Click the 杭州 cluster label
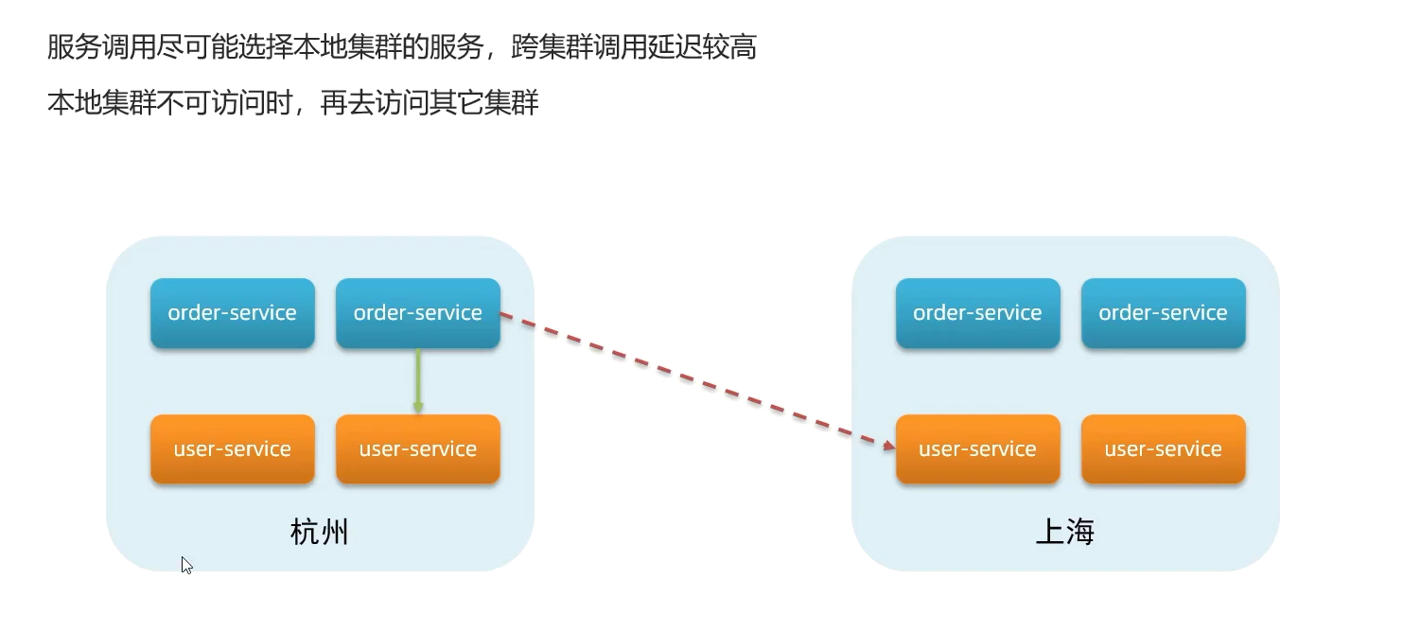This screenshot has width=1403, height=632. click(319, 533)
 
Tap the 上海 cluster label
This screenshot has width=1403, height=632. click(1064, 533)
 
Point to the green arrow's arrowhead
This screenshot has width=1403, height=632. click(417, 408)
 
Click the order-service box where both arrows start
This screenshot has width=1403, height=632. click(417, 313)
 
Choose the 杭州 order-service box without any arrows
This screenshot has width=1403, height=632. click(232, 313)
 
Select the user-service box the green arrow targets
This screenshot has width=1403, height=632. click(417, 449)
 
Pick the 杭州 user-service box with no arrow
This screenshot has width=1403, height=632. click(232, 449)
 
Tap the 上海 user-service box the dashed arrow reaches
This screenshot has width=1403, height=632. click(977, 449)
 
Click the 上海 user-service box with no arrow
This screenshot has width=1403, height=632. click(1163, 449)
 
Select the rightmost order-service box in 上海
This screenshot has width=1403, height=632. click(1163, 313)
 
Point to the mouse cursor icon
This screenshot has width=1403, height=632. click(186, 565)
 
